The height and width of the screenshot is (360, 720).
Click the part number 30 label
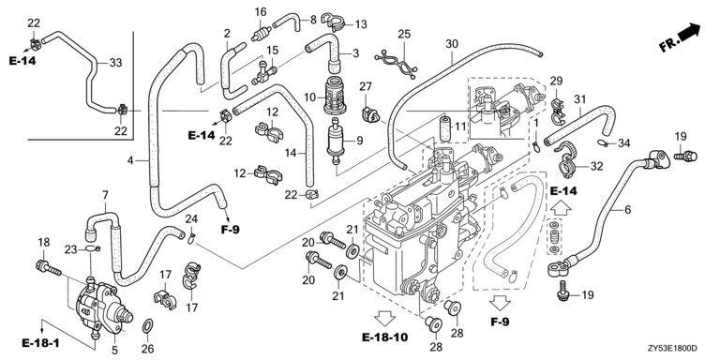(452, 44)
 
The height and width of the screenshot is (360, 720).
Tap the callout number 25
(404, 35)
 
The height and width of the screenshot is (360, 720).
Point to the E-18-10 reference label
(384, 337)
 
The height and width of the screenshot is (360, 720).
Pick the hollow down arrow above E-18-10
(384, 317)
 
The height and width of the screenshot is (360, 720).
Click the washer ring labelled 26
(148, 326)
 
